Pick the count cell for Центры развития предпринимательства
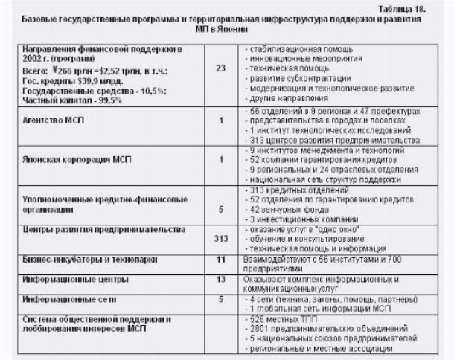(x=220, y=239)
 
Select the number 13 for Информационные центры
(x=220, y=279)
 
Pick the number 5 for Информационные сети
(x=220, y=299)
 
